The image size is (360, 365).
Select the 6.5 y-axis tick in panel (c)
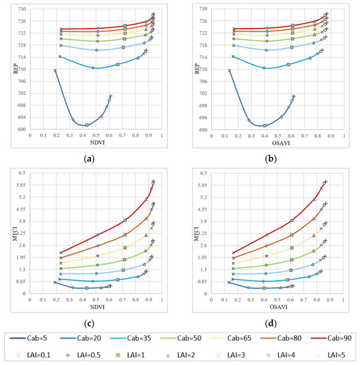[x=21, y=173]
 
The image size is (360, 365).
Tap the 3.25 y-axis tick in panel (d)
[x=201, y=233]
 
